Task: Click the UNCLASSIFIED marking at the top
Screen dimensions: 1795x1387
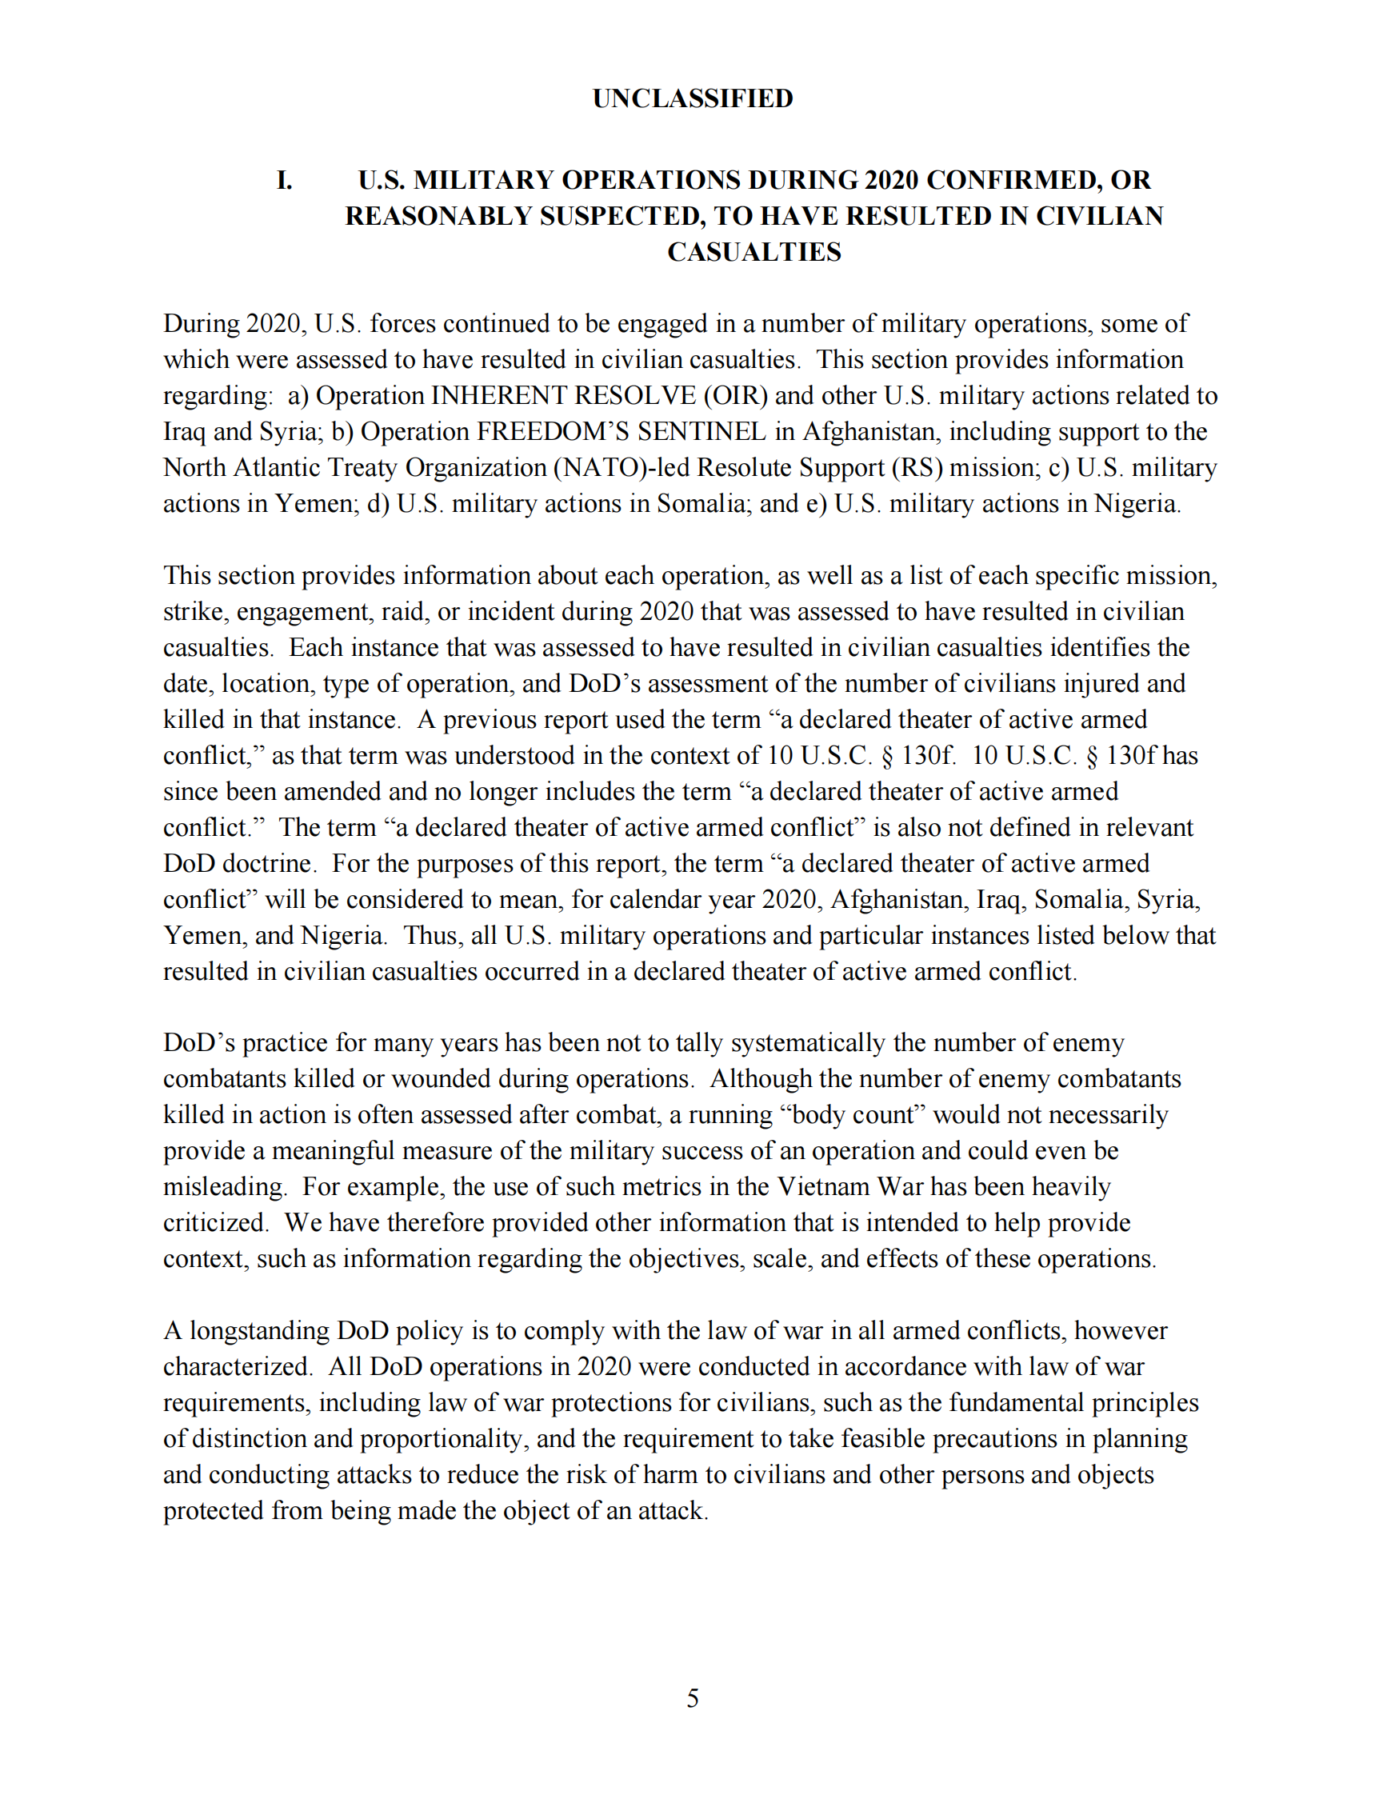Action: [693, 98]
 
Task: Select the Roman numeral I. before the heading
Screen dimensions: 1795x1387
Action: [284, 180]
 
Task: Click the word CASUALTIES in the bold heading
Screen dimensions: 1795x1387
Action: [753, 251]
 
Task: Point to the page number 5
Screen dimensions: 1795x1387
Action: [693, 1698]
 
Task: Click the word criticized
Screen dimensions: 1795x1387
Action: [214, 1224]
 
